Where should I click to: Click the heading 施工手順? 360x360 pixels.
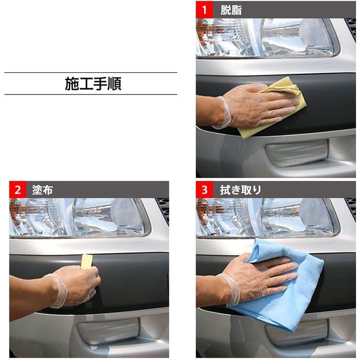click(x=93, y=84)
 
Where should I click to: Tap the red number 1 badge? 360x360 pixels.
click(x=204, y=10)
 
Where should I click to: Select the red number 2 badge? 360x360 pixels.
click(x=18, y=190)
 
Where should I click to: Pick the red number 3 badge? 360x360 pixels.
click(x=204, y=190)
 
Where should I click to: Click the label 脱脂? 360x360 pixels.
click(x=231, y=10)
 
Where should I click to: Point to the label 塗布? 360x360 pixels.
click(x=42, y=190)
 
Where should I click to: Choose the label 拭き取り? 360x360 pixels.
click(x=240, y=190)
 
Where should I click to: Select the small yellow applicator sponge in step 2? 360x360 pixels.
click(x=86, y=261)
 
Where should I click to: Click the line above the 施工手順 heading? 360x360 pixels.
click(x=90, y=72)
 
